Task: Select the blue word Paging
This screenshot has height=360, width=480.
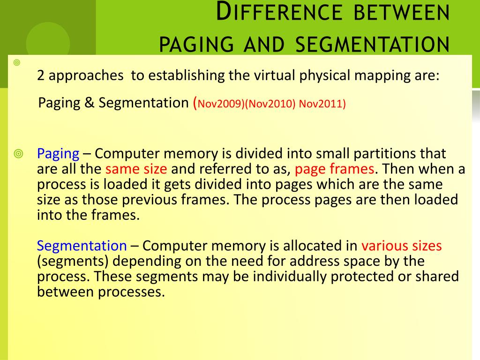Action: pos(58,153)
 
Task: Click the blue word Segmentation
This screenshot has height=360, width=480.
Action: pos(82,245)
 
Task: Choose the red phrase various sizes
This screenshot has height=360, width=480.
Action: pos(401,245)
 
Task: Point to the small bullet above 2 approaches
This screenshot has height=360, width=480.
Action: pos(17,62)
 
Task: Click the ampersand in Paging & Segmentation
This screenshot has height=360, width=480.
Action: pos(90,103)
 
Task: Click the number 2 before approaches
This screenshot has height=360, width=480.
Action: pos(41,76)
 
